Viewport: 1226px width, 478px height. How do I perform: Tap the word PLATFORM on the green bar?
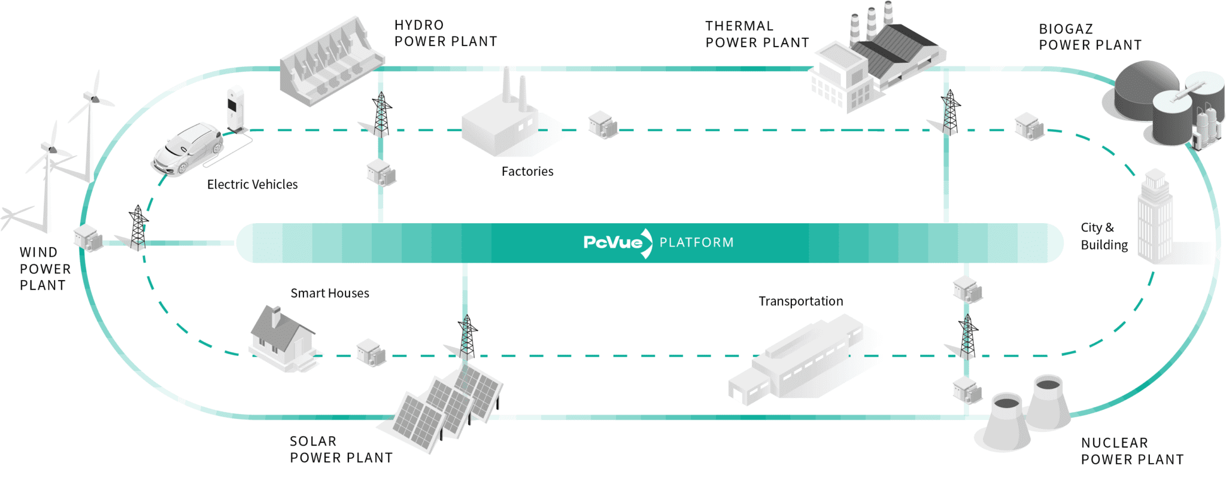696,243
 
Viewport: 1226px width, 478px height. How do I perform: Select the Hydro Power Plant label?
445,34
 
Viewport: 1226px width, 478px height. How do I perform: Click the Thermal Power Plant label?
757,35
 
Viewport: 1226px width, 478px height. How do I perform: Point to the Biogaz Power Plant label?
1090,37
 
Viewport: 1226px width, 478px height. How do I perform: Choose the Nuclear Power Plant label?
1131,451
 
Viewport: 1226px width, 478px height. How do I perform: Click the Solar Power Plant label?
341,449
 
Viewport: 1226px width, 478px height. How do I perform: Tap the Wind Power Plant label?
45,269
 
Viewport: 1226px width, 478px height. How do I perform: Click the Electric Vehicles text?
252,184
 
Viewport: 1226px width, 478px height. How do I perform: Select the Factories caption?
527,172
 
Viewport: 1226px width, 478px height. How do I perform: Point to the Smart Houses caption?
329,293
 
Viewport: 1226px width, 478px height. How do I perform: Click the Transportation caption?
800,301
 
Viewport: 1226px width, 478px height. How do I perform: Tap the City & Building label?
1103,236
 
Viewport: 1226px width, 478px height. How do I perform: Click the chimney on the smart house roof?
275,316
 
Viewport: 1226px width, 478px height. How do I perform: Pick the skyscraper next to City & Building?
1155,218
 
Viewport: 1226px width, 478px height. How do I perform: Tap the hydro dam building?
331,62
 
